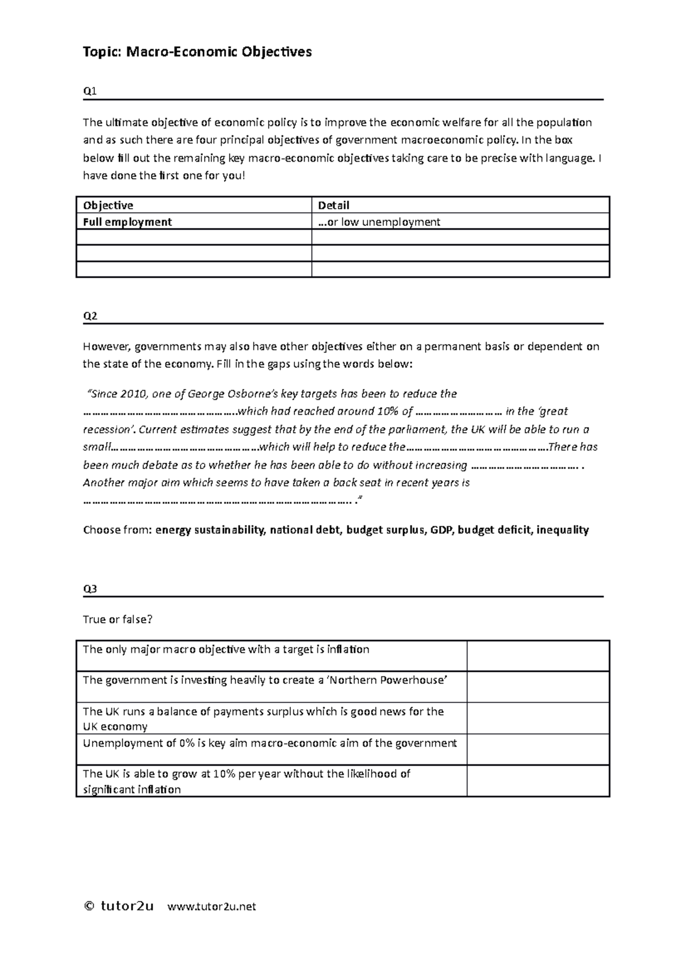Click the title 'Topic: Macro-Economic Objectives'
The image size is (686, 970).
pyautogui.click(x=197, y=52)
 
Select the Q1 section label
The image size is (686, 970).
pyautogui.click(x=90, y=91)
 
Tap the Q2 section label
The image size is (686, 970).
pyautogui.click(x=90, y=315)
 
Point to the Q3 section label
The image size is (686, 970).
pyautogui.click(x=90, y=588)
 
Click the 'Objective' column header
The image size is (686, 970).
pyautogui.click(x=108, y=205)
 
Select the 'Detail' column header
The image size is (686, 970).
pyautogui.click(x=333, y=205)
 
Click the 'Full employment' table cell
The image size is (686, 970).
pyautogui.click(x=127, y=222)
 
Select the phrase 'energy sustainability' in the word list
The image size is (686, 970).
pyautogui.click(x=210, y=530)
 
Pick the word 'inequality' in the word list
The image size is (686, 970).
pyautogui.click(x=563, y=530)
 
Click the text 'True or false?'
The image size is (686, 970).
pyautogui.click(x=118, y=619)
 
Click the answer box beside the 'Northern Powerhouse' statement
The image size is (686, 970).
pyautogui.click(x=538, y=687)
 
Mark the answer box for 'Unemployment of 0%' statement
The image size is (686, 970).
pyautogui.click(x=538, y=749)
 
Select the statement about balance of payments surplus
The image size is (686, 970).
pyautogui.click(x=263, y=719)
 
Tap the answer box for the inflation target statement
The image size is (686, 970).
pyautogui.click(x=538, y=656)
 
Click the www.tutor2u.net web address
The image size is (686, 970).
pyautogui.click(x=212, y=906)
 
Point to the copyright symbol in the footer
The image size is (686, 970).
pyautogui.click(x=89, y=906)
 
